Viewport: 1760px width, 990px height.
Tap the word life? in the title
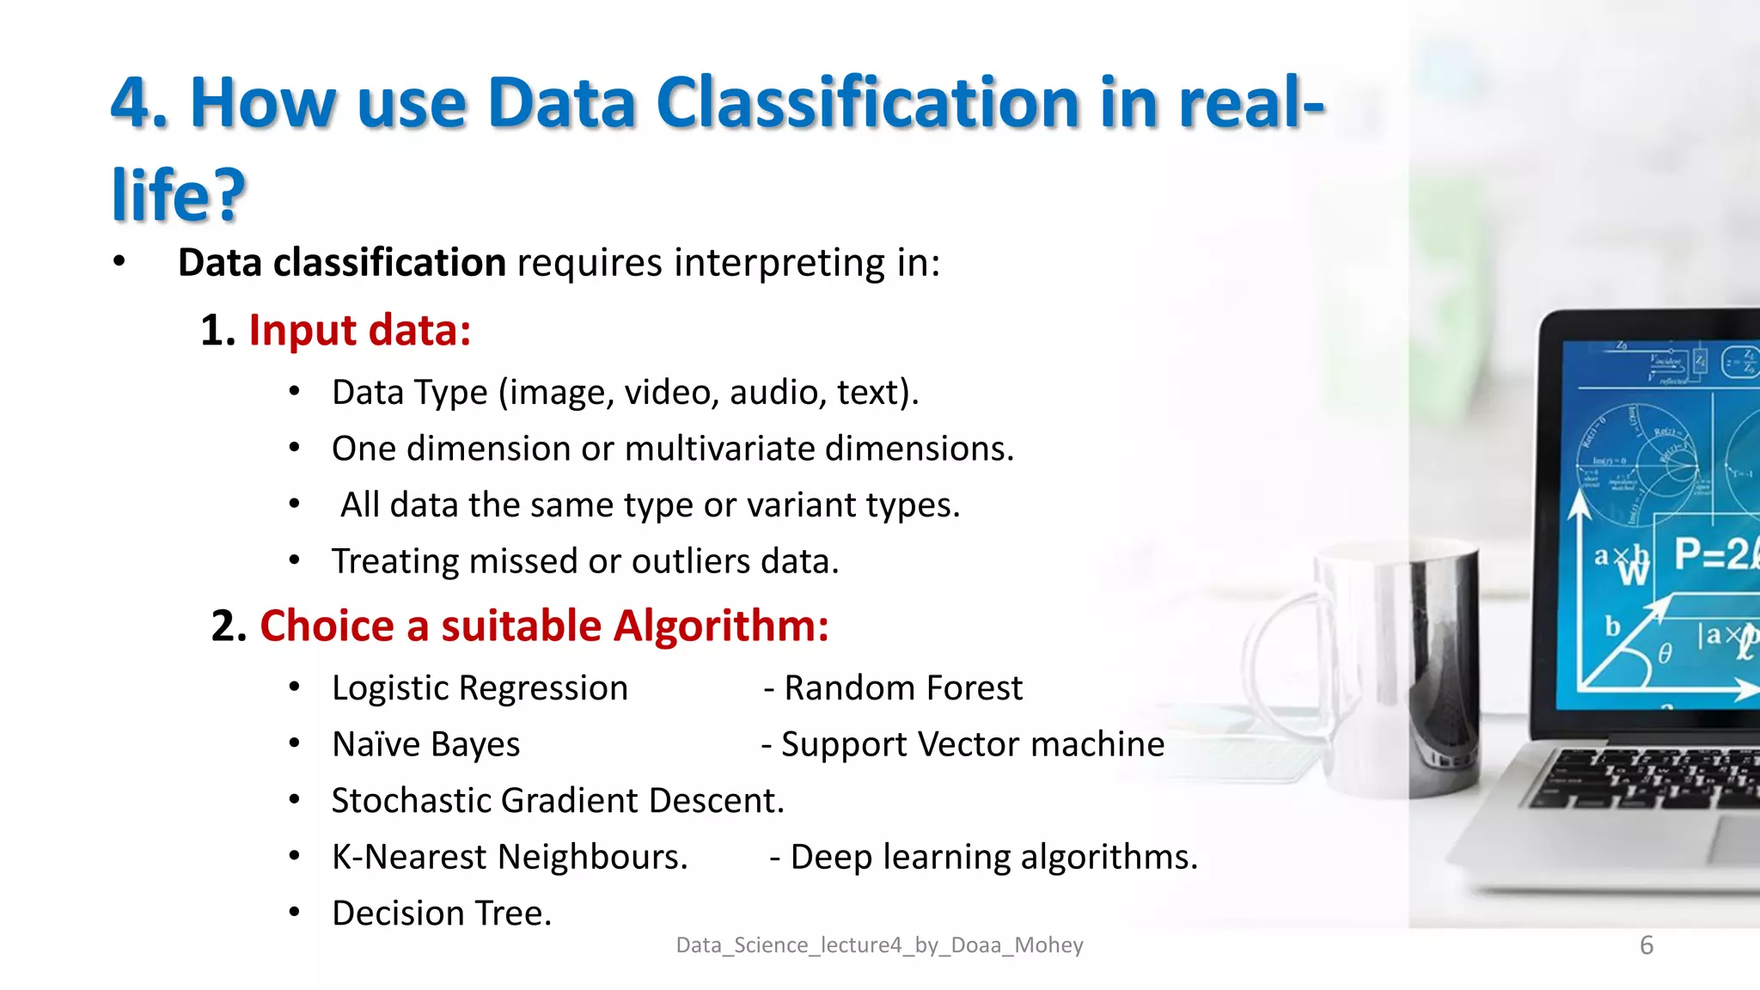[x=179, y=195]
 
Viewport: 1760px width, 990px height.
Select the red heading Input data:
[x=360, y=331]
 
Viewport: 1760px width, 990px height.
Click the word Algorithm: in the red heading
[x=721, y=626]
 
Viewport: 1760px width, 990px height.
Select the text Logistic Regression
[x=480, y=688]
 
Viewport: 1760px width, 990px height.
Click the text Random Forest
[x=903, y=688]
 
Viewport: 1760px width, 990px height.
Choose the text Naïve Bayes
[x=426, y=744]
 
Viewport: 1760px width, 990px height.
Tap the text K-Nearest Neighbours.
[x=510, y=857]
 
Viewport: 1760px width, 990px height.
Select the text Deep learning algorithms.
[x=993, y=857]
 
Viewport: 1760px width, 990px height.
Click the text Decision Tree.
[x=442, y=914]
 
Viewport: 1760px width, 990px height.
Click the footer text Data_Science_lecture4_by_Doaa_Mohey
[x=879, y=945]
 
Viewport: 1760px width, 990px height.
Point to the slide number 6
[x=1646, y=945]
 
